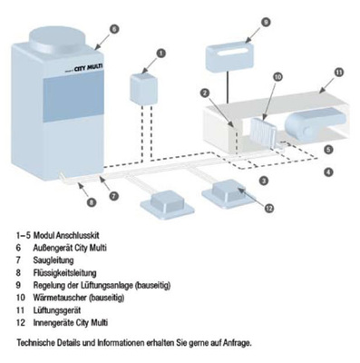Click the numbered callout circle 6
[x=113, y=29]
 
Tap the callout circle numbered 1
[x=161, y=54]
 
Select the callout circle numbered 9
[x=266, y=23]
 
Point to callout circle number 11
[x=339, y=73]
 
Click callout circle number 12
[x=268, y=208]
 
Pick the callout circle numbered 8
[x=92, y=201]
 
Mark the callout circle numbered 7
[x=113, y=196]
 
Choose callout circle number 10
[x=277, y=77]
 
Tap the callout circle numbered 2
[x=205, y=93]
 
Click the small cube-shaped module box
[x=144, y=88]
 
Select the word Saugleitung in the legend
[x=54, y=260]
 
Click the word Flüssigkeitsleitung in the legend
[x=64, y=272]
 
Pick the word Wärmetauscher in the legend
[x=60, y=298]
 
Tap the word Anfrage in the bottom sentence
[x=237, y=343]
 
